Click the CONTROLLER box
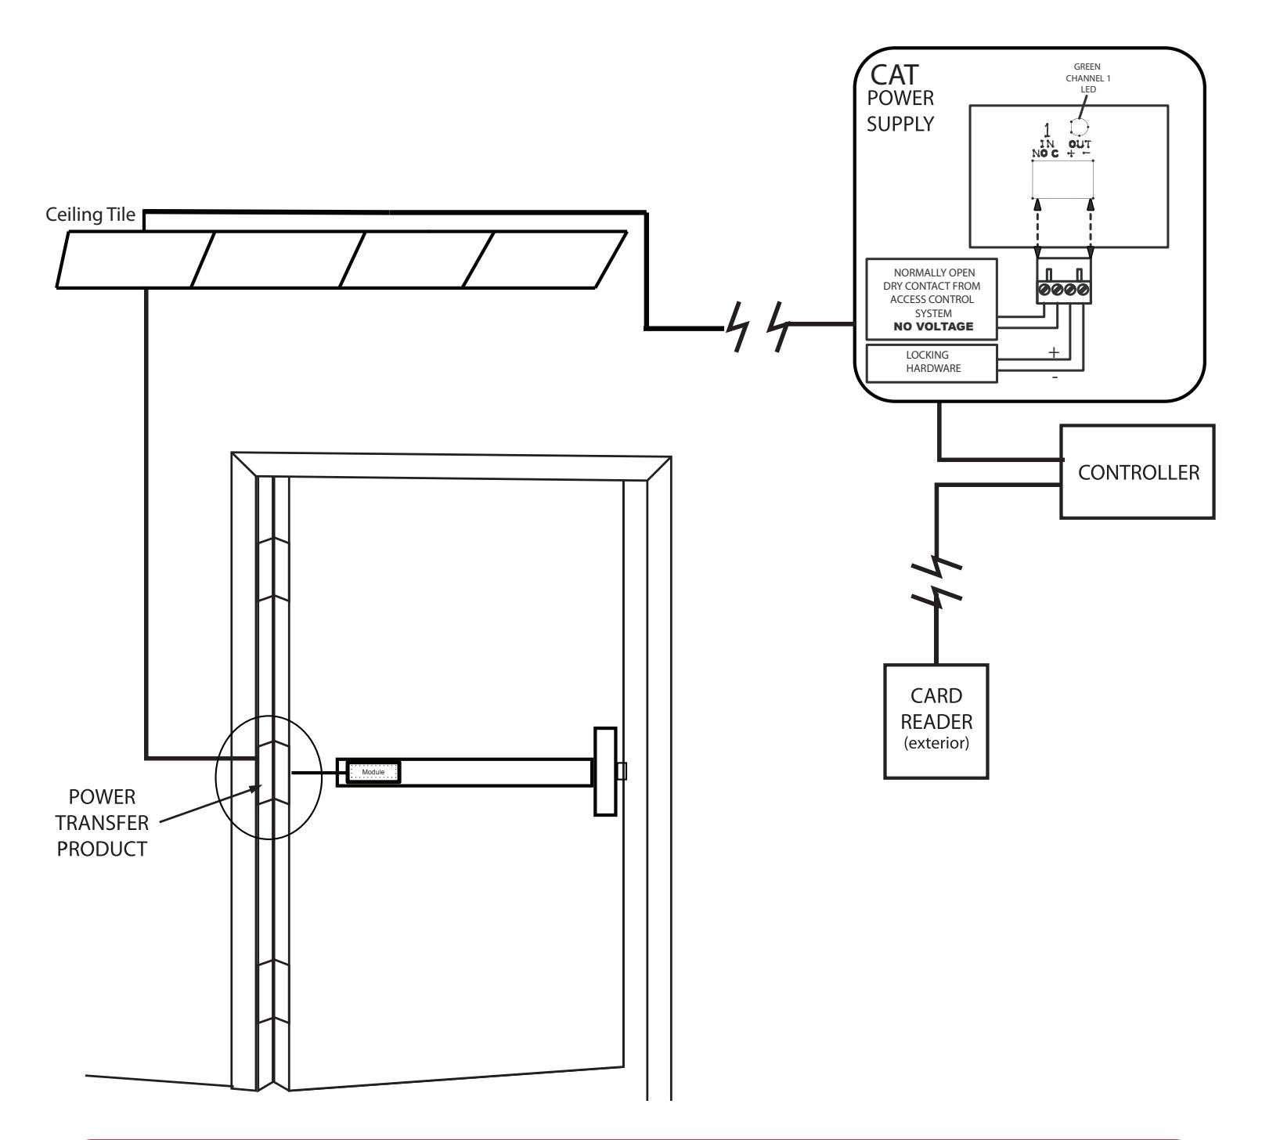(1138, 472)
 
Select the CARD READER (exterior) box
(936, 720)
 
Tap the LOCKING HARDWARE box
(932, 363)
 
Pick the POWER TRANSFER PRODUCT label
(102, 823)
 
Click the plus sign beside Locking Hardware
(1054, 352)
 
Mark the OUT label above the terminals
(1080, 143)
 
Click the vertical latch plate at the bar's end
(605, 771)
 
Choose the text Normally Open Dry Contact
(932, 280)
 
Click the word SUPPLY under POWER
(900, 124)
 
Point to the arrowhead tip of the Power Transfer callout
(261, 788)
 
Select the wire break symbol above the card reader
(936, 583)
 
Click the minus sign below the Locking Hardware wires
(1055, 377)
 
